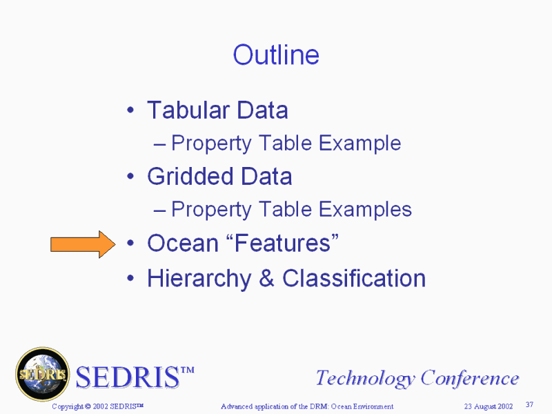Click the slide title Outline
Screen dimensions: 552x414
[276, 55]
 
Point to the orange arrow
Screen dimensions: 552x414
[83, 244]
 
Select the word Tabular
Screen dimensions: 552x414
[188, 110]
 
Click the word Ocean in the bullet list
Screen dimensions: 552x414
[183, 244]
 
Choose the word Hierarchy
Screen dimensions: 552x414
[199, 279]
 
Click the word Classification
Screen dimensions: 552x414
[354, 279]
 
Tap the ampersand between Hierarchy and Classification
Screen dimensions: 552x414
[266, 279]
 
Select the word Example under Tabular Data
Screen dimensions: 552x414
[359, 144]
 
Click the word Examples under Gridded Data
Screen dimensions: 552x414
[365, 210]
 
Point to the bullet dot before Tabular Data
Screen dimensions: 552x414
[130, 110]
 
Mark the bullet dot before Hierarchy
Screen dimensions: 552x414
[130, 278]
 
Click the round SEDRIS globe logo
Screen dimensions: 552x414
[43, 374]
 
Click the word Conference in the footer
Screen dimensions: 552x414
[470, 378]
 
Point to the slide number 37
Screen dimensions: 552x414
[529, 404]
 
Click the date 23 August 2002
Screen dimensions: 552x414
[489, 406]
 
